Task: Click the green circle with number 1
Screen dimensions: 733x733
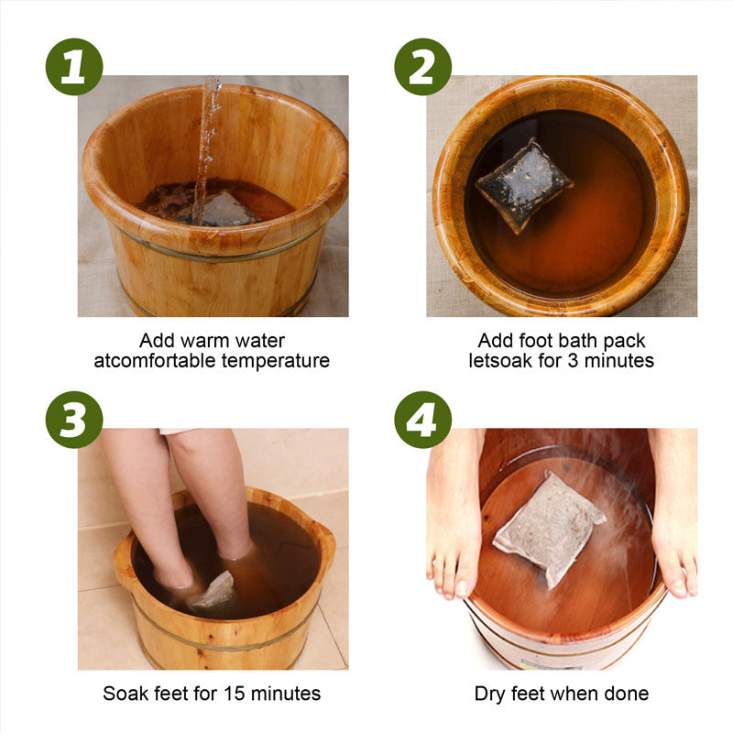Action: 74,67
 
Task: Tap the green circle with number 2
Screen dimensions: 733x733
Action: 422,67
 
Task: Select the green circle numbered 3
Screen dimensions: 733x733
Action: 74,420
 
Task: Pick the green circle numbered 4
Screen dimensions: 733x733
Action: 422,420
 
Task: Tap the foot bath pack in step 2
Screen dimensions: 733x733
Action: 522,183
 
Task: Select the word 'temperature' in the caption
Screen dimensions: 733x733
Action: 271,361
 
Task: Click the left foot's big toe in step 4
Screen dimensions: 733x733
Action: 465,586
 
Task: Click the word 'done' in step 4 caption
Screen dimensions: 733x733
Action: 627,694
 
